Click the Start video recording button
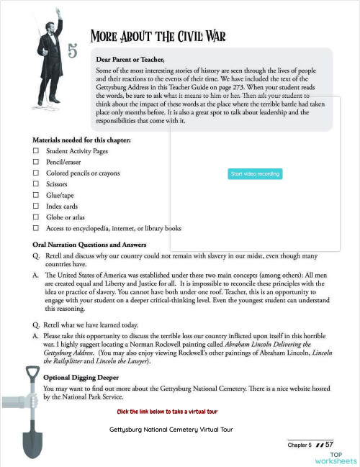[255, 174]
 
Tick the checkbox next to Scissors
[35, 184]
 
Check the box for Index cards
[35, 206]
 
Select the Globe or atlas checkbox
[35, 217]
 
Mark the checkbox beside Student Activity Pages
[35, 152]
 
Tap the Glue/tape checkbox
[35, 195]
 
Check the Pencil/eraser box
[35, 163]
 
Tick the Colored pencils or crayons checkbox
[35, 173]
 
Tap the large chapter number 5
[73, 50]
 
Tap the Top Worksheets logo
[343, 458]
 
